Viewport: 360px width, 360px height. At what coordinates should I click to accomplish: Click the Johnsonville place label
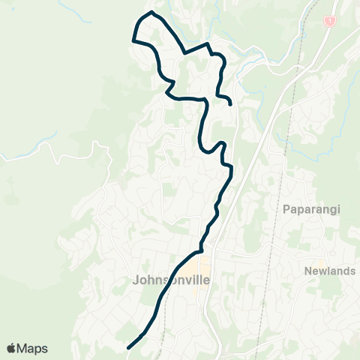pyautogui.click(x=170, y=281)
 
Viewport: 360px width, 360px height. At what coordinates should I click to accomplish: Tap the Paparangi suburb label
pyautogui.click(x=311, y=209)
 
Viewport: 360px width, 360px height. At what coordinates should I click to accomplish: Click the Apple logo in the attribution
pyautogui.click(x=11, y=348)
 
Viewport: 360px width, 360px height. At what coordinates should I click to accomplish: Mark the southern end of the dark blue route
pyautogui.click(x=129, y=347)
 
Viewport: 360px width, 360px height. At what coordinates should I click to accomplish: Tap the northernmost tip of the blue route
pyautogui.click(x=152, y=12)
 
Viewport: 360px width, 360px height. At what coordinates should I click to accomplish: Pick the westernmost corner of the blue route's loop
pyautogui.click(x=133, y=39)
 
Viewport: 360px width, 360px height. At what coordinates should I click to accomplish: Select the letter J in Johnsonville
pyautogui.click(x=134, y=281)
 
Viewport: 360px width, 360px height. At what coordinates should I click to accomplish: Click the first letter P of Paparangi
pyautogui.click(x=286, y=209)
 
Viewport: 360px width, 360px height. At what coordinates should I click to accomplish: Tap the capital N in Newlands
pyautogui.click(x=308, y=270)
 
